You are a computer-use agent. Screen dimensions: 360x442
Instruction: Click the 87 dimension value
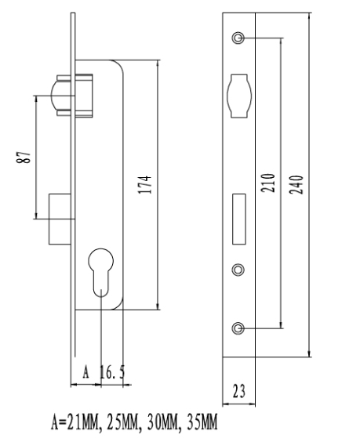pos(24,157)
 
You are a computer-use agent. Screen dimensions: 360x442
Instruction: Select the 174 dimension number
pos(145,184)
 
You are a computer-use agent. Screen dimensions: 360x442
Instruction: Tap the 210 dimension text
pos(267,183)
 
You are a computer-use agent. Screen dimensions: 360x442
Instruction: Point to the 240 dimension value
pos(296,185)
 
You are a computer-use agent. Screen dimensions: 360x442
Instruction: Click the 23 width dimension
pos(239,391)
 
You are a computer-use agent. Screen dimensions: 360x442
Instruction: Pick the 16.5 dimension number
pos(112,372)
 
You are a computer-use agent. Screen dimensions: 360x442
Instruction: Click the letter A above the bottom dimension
pos(86,372)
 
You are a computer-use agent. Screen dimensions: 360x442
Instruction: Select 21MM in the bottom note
pos(82,422)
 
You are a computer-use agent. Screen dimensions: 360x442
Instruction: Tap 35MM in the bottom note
pos(202,422)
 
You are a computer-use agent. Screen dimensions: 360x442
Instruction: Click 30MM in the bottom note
pos(163,422)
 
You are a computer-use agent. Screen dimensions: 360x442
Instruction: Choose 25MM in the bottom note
pos(122,422)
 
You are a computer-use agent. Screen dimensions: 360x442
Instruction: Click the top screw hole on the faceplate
pos(238,38)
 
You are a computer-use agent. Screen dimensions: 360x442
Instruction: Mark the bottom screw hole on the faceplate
pos(238,328)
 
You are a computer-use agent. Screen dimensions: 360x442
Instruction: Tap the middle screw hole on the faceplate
pos(238,270)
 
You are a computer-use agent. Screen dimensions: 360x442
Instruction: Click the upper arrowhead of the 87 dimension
pos(36,99)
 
